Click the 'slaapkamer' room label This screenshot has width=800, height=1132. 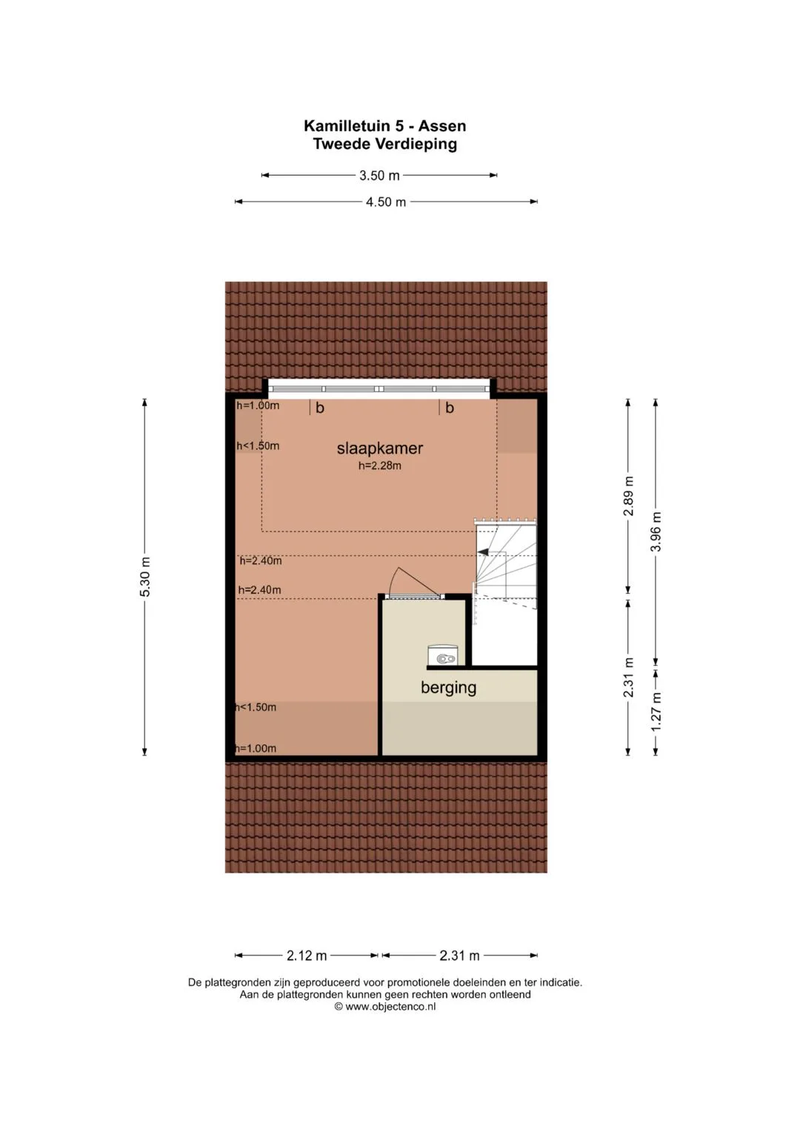point(380,449)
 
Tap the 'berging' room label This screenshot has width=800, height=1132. point(448,688)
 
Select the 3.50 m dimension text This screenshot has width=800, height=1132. point(379,176)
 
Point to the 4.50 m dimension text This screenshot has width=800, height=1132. point(386,202)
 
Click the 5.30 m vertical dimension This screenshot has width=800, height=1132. point(145,577)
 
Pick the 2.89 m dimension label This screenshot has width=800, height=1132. point(628,496)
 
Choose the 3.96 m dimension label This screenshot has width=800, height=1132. point(656,532)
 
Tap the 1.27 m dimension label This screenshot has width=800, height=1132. point(656,712)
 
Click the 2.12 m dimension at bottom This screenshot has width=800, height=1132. point(307,956)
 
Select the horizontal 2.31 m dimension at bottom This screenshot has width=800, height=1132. point(459,956)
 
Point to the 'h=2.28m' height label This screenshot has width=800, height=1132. point(380,466)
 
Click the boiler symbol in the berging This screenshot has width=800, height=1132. point(443,655)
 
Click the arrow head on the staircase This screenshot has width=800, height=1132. point(483,552)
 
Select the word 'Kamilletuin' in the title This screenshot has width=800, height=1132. point(349,125)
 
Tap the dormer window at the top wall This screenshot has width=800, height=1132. point(379,388)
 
